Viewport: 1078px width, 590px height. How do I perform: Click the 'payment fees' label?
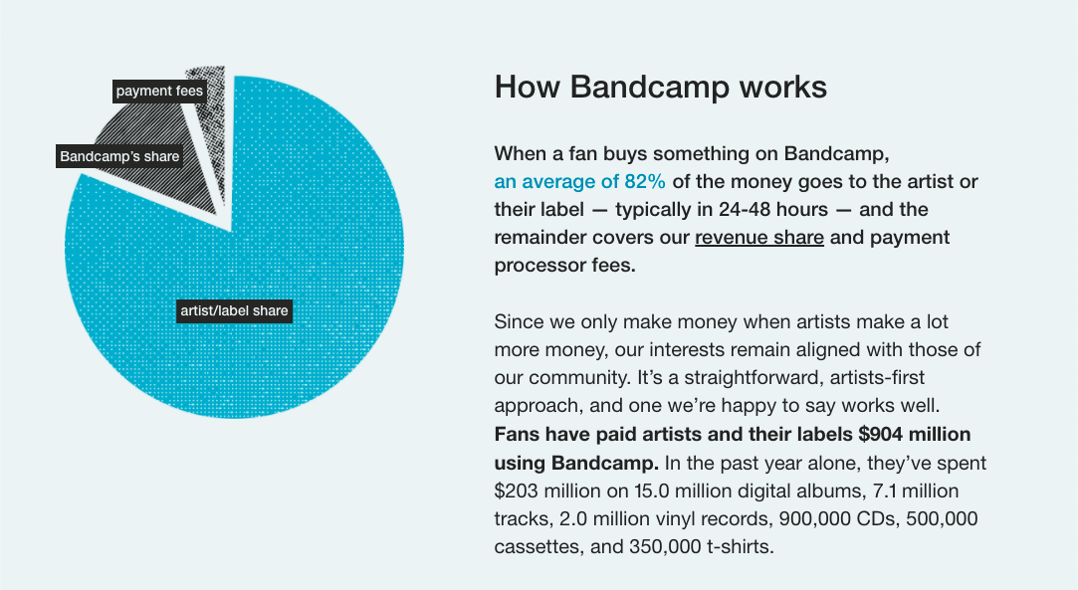[x=159, y=92]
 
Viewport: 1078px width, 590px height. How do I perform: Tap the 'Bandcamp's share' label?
[x=119, y=156]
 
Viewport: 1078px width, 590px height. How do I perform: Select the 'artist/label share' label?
[x=234, y=311]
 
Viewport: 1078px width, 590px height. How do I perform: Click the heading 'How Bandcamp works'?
[x=660, y=87]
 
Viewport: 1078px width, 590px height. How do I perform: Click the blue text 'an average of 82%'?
[x=579, y=181]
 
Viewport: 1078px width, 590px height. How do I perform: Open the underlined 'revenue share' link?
[x=758, y=238]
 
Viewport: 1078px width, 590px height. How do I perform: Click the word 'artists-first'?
[x=805, y=379]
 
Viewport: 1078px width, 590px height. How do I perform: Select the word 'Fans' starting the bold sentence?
[x=517, y=435]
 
